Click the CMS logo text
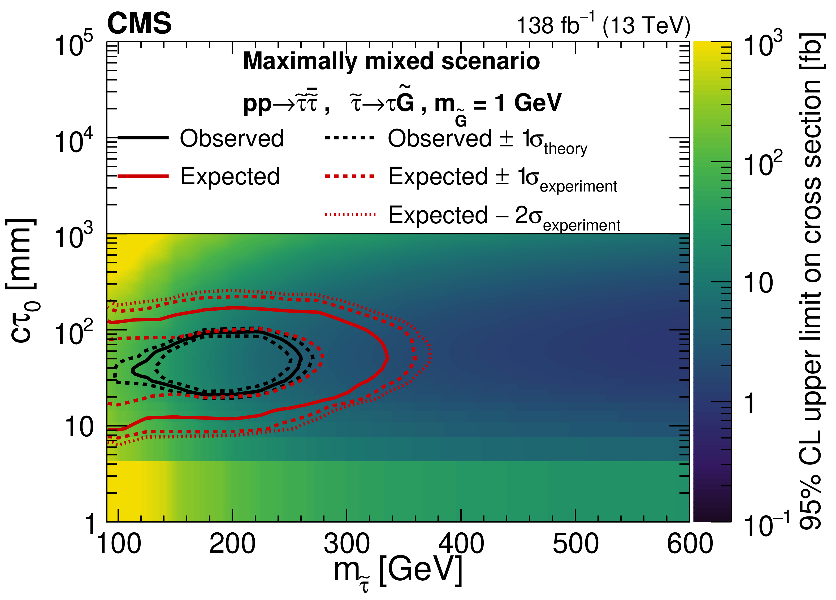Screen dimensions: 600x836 pyautogui.click(x=139, y=23)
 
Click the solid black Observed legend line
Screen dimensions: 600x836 pyautogui.click(x=143, y=138)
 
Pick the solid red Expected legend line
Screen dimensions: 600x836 pyautogui.click(x=143, y=176)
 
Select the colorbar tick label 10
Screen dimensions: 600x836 pyautogui.click(x=758, y=283)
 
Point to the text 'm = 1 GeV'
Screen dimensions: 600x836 pyautogui.click(x=498, y=103)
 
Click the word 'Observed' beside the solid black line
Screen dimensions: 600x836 pyautogui.click(x=231, y=138)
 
